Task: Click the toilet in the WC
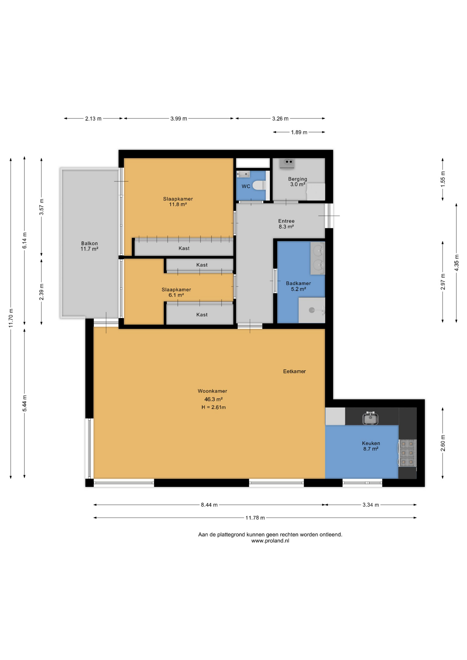pos(259,185)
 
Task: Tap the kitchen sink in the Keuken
pos(370,418)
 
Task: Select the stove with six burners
pos(408,453)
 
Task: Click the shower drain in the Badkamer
pos(312,310)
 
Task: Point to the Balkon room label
pos(89,246)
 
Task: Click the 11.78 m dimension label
pos(255,518)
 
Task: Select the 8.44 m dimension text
pos(209,505)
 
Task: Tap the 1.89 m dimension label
pos(299,132)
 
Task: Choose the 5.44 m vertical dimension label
pos(24,403)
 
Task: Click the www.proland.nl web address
pos(270,541)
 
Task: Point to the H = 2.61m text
pos(214,407)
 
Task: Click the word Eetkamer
pos(294,371)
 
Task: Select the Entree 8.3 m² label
pos(286,224)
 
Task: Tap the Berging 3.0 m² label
pos(297,181)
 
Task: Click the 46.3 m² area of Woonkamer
pos(213,399)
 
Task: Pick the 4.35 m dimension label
pos(456,263)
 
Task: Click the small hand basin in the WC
pos(243,174)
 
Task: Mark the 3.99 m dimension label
pos(179,119)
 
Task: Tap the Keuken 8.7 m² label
pos(371,446)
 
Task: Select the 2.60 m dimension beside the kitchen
pos(443,443)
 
